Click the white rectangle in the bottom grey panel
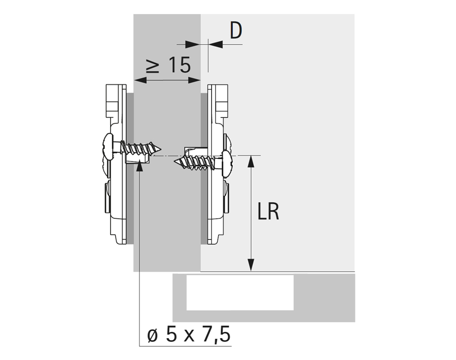coord(239,292)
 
